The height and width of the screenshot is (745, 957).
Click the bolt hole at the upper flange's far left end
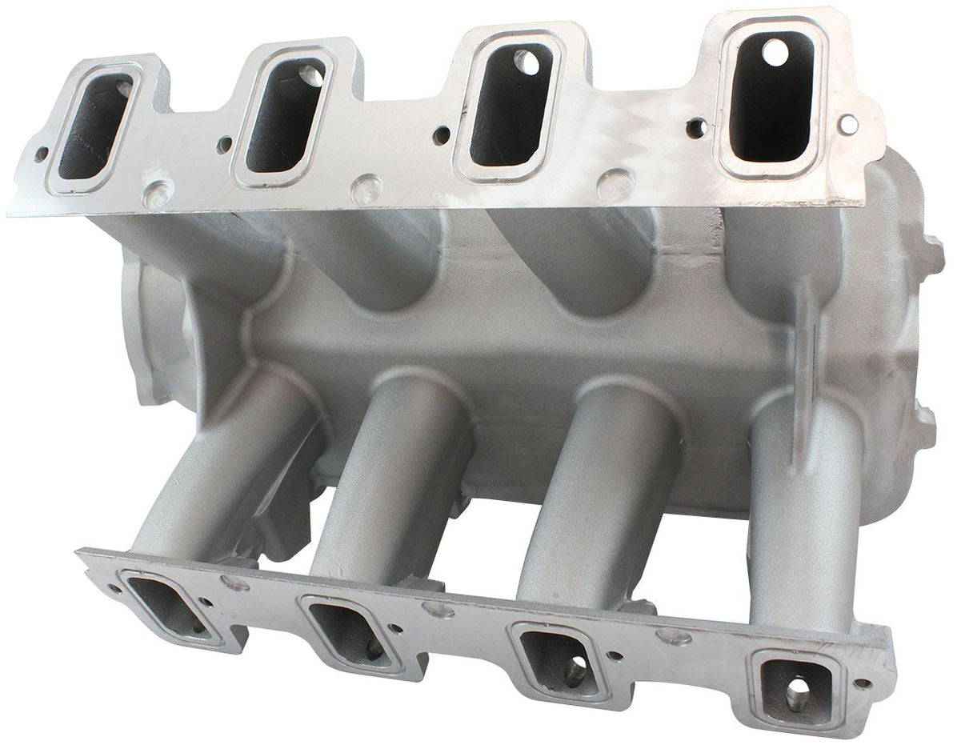click(x=40, y=154)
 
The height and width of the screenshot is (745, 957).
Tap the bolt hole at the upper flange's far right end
click(x=849, y=123)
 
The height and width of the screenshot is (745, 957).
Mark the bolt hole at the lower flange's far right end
click(x=863, y=684)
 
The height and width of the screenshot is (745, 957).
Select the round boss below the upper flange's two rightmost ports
click(x=616, y=184)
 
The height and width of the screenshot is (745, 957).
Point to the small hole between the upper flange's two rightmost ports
click(x=696, y=126)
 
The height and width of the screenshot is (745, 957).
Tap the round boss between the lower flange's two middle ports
click(x=439, y=611)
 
